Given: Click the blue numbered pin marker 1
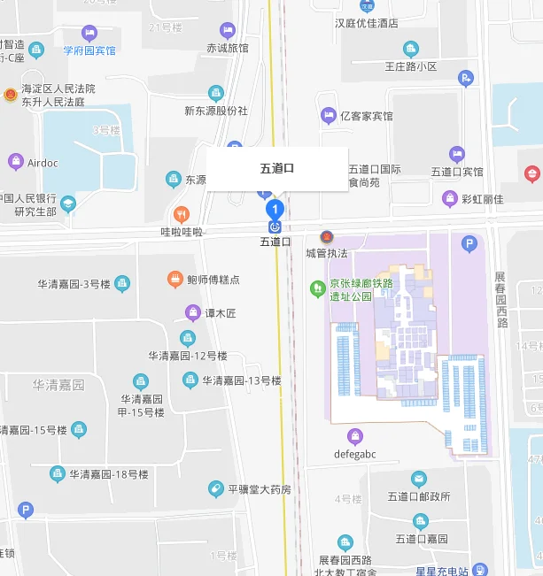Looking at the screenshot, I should [275, 210].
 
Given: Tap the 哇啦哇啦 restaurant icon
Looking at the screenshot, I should [182, 214].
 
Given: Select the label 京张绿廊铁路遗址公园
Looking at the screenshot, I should [350, 290].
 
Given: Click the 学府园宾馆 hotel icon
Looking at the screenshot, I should [89, 33].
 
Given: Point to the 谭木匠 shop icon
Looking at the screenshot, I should [192, 311].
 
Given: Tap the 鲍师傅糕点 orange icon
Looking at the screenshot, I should [175, 280].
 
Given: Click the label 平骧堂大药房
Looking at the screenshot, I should [259, 489].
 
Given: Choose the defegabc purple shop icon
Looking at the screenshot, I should [355, 435].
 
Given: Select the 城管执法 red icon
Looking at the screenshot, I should [326, 237].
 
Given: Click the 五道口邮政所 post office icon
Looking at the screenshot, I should [419, 479].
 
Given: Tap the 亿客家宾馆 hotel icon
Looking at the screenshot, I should [328, 116].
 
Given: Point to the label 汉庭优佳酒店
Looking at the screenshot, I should [366, 23].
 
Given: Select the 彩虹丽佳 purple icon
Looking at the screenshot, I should [450, 198].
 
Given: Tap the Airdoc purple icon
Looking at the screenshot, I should [15, 162].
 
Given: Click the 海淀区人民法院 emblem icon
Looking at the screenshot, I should [11, 94].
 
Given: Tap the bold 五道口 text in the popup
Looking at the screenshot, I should [276, 168].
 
